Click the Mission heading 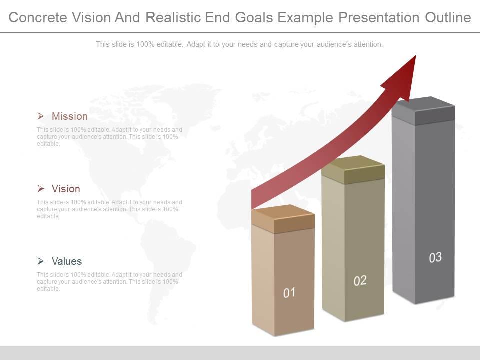click(69, 116)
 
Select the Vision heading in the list click(66, 189)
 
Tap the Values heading click(67, 261)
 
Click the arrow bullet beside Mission click(41, 116)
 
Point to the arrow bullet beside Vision click(41, 189)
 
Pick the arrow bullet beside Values click(41, 261)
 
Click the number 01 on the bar click(289, 293)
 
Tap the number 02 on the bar click(360, 281)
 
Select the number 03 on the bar click(435, 258)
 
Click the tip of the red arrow click(414, 57)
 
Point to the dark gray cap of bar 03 click(423, 110)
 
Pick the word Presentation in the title click(379, 18)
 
